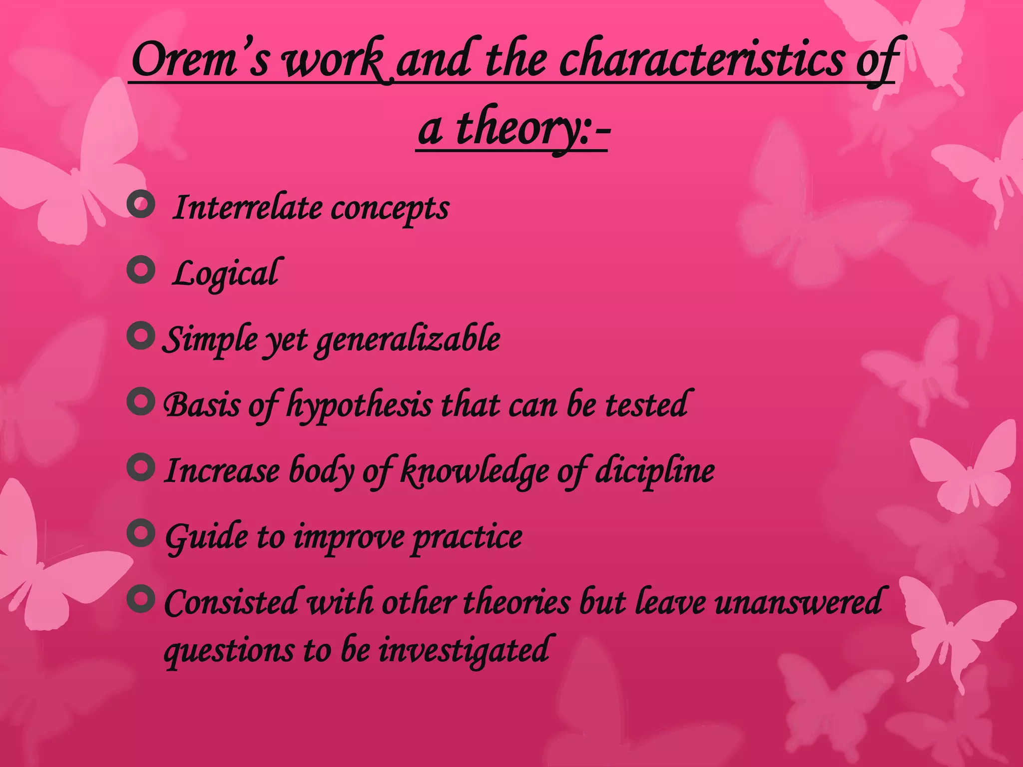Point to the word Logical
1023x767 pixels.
pos(226,274)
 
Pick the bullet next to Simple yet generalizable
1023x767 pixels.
pos(141,337)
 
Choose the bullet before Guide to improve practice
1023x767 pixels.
pos(141,533)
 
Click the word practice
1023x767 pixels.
pos(468,537)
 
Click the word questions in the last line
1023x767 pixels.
pos(230,651)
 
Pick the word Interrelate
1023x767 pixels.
pos(247,208)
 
